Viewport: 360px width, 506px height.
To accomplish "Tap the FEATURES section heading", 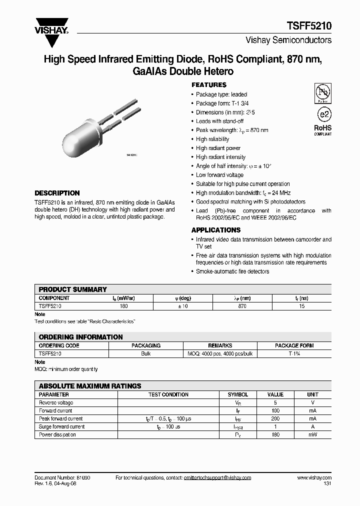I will pos(209,85).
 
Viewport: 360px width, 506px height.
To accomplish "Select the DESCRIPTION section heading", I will pos(57,193).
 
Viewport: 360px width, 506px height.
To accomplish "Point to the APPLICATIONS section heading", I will pos(216,230).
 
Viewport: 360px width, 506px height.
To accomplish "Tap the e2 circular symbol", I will pos(323,113).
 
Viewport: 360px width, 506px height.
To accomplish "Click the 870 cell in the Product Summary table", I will pos(242,306).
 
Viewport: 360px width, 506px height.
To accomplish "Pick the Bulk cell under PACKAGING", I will pos(145,353).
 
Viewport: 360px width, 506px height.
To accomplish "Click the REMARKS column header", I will pos(220,345).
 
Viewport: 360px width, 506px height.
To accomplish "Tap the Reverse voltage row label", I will pos(56,402).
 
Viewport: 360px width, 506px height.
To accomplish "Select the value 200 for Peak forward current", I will pos(275,418).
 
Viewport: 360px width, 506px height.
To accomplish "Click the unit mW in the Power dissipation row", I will pos(312,434).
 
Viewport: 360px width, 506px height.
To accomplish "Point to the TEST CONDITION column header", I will pos(168,394).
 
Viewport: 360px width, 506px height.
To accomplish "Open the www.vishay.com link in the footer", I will pos(314,478).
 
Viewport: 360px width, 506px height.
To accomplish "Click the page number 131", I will pos(327,484).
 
